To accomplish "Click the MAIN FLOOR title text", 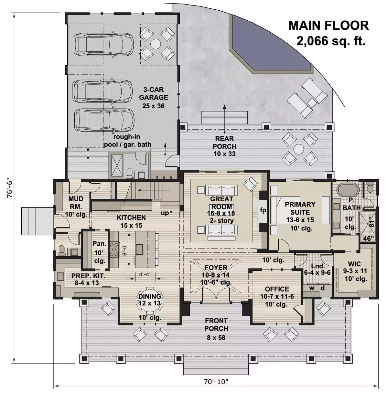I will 328,25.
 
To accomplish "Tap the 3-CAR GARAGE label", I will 154,93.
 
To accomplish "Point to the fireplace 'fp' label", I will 263,210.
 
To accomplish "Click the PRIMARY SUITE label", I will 300,208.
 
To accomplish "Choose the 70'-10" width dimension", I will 216,381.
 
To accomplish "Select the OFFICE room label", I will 277,289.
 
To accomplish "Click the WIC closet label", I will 354,264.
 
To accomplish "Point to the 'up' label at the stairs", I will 165,213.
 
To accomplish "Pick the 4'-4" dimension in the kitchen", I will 145,274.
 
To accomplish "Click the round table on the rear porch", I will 298,149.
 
